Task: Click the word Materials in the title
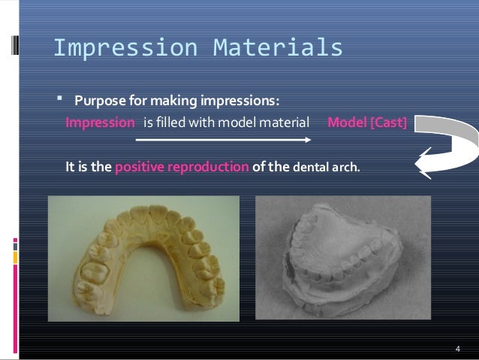[x=279, y=47]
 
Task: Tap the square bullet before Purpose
[x=59, y=101]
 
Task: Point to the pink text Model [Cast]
[x=367, y=122]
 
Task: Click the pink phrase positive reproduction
[x=182, y=166]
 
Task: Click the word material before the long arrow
[x=285, y=122]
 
